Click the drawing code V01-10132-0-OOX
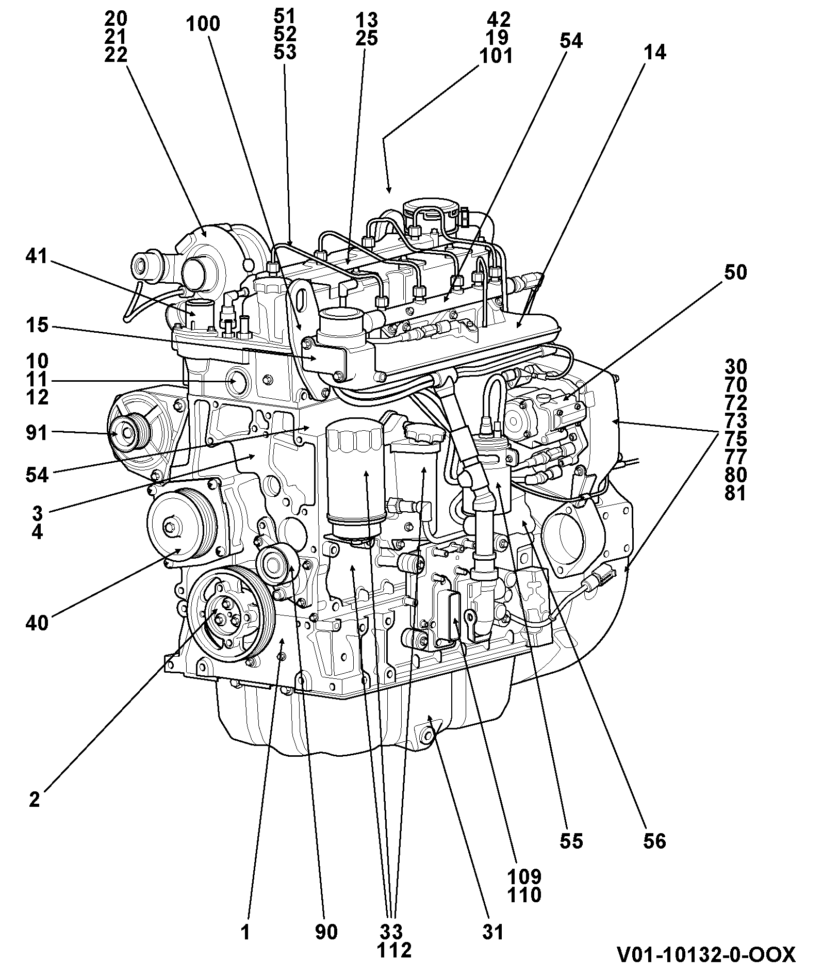click(x=706, y=954)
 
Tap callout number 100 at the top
click(x=203, y=24)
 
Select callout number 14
click(x=655, y=52)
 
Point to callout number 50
click(x=735, y=272)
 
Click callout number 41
click(x=37, y=256)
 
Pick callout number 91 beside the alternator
click(x=37, y=433)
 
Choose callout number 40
click(x=37, y=623)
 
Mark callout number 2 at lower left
click(x=35, y=800)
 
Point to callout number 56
click(x=654, y=841)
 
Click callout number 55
click(x=571, y=841)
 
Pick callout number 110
click(x=524, y=895)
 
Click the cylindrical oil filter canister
click(x=355, y=478)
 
